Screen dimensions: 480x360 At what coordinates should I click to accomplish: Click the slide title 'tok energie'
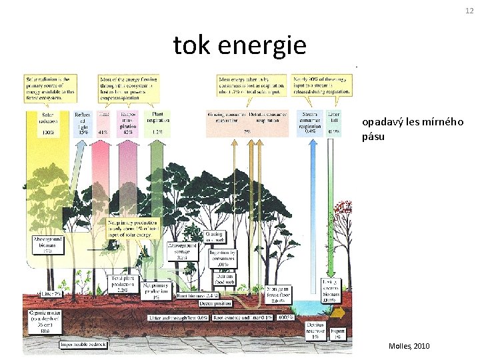click(240, 46)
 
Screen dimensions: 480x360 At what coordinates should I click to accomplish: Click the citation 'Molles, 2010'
click(409, 347)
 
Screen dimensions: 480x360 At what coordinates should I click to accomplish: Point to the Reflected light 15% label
click(83, 123)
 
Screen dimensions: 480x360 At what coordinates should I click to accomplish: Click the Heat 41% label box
click(103, 123)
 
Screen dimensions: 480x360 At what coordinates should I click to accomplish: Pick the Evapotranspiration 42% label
click(128, 123)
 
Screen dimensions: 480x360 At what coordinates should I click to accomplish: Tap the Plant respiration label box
click(157, 123)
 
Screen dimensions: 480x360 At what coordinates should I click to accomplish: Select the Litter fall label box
click(333, 123)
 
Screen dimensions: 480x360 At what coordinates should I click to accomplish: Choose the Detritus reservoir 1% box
click(315, 330)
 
